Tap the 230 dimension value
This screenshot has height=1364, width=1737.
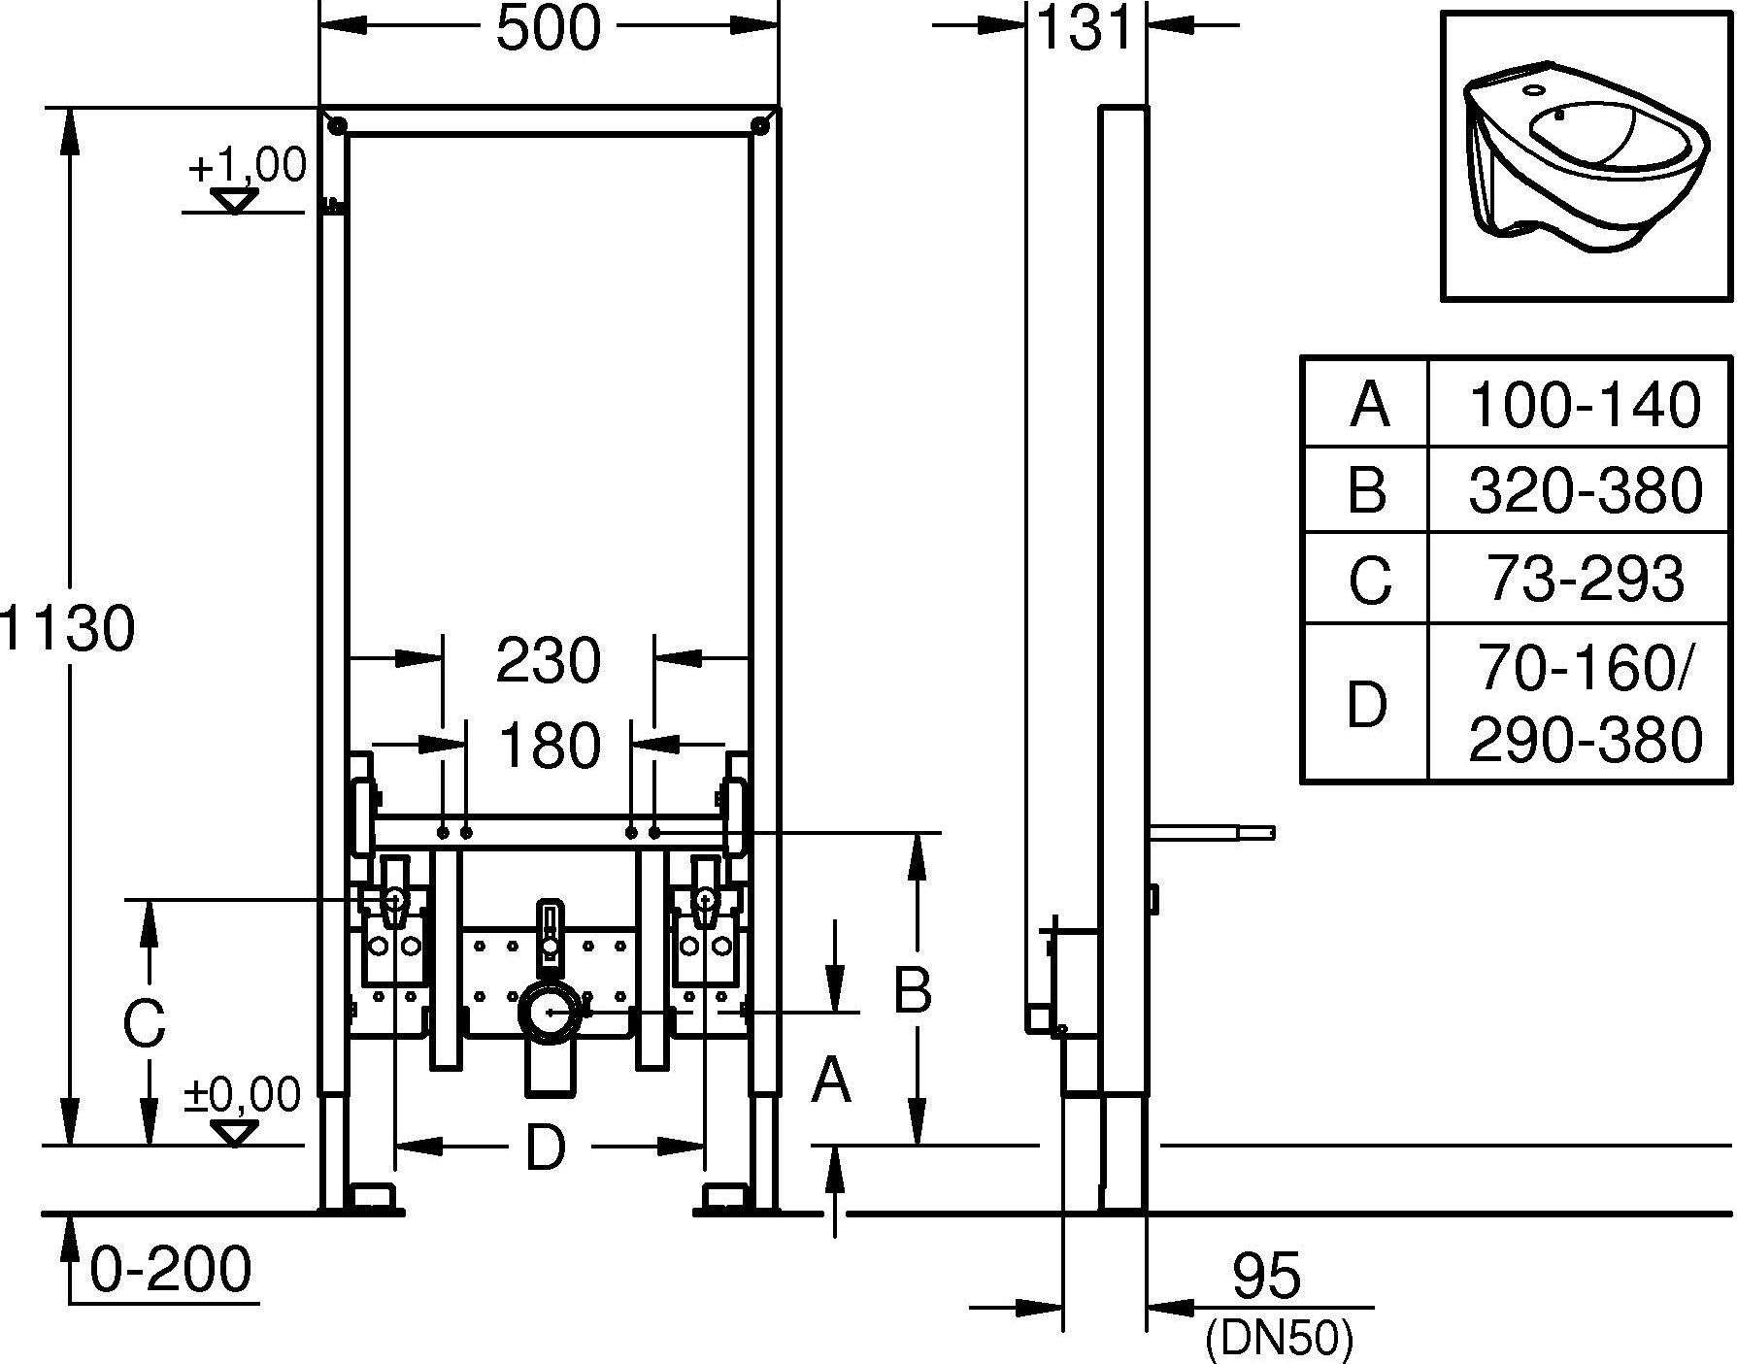(x=549, y=661)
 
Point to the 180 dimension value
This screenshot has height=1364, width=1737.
(x=549, y=746)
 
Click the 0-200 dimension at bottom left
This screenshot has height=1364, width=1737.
(x=171, y=1269)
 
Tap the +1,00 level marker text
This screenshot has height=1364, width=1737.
(x=247, y=166)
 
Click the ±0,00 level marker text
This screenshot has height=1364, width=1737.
(x=243, y=1095)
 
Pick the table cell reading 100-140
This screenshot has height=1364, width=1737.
(x=1584, y=404)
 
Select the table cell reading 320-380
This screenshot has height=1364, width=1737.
(x=1584, y=490)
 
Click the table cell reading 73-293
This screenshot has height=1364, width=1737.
(x=1584, y=579)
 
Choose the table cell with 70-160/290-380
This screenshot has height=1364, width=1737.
(x=1584, y=703)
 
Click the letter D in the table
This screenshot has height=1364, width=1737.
(x=1366, y=705)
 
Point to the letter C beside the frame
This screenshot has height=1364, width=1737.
(x=144, y=1022)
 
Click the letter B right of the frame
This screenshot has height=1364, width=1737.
(x=912, y=989)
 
